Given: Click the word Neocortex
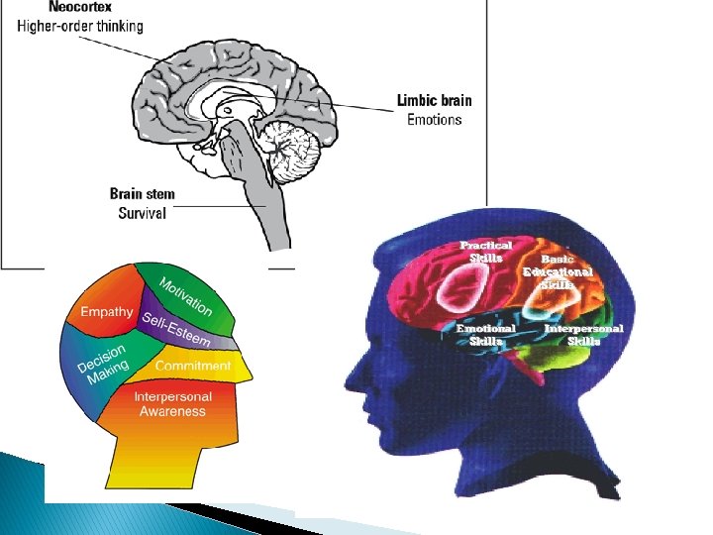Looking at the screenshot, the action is [52, 7].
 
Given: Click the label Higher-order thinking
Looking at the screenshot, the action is [80, 26].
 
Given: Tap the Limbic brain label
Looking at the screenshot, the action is [434, 100].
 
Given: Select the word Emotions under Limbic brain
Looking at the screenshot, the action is [434, 119].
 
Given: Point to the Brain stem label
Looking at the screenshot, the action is [143, 193].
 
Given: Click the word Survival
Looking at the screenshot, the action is [143, 213].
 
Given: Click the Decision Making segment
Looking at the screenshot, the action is [102, 364].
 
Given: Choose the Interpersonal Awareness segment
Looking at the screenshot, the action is [172, 404].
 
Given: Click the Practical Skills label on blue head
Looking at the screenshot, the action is [485, 251].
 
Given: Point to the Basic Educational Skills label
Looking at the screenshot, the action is [559, 270].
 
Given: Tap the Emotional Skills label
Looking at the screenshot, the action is [485, 334].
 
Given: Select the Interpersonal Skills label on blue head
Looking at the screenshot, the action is [583, 334].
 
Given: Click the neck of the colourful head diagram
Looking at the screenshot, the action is [158, 466].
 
